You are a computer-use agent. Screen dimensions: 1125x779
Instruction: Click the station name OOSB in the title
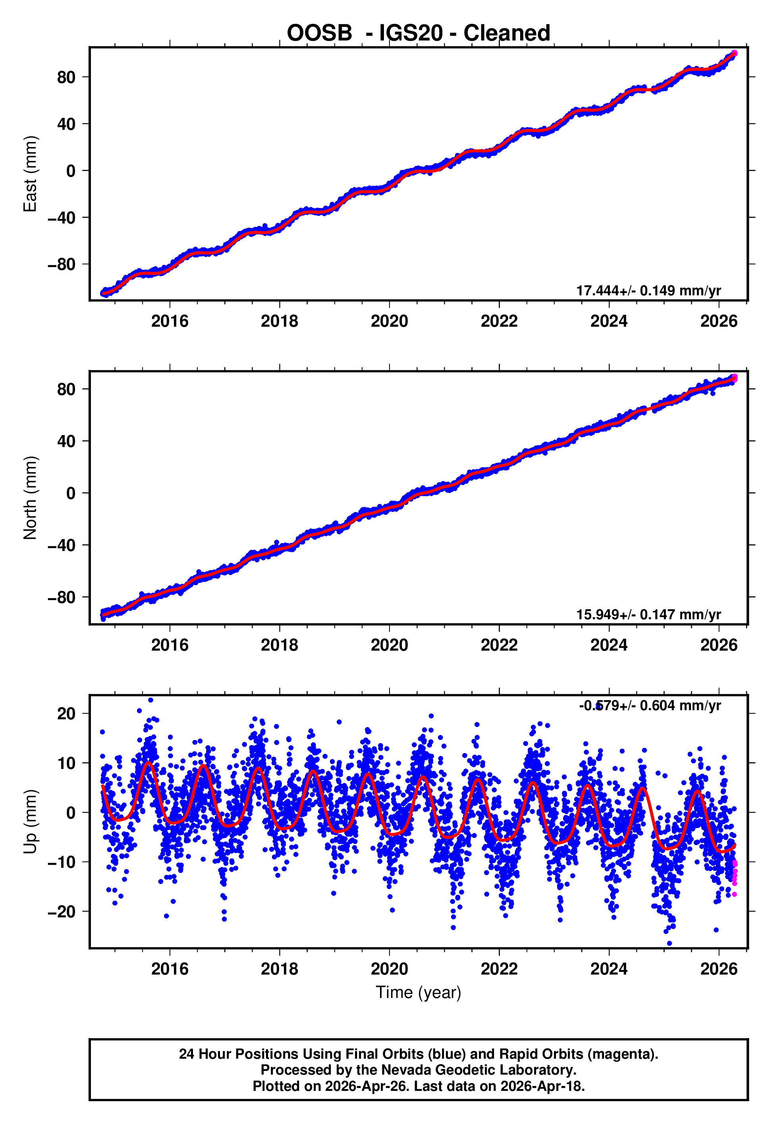coord(319,33)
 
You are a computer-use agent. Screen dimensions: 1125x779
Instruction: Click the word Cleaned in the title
coord(507,33)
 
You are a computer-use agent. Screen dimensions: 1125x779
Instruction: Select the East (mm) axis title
coord(30,174)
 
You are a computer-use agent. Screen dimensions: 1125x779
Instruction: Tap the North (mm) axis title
coord(30,498)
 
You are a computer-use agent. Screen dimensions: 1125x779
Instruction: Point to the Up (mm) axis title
coord(30,822)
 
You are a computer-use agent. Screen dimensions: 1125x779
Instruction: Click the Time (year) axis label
coord(418,992)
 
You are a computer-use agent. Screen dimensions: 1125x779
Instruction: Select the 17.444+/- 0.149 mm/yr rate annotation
coord(648,291)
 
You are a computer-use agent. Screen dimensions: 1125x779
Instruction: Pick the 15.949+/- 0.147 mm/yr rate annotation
coord(648,615)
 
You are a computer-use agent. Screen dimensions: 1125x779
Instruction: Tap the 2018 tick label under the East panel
coord(279,321)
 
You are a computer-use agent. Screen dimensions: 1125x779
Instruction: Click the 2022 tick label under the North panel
coord(499,645)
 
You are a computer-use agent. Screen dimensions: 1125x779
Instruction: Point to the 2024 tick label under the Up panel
coord(609,969)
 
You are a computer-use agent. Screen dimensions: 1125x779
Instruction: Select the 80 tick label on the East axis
coord(66,77)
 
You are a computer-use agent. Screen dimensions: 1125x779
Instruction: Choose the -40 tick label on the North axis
coord(62,545)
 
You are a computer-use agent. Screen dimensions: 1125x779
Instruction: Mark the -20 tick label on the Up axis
coord(62,911)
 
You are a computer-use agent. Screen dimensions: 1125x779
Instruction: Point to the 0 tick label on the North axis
coord(71,493)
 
